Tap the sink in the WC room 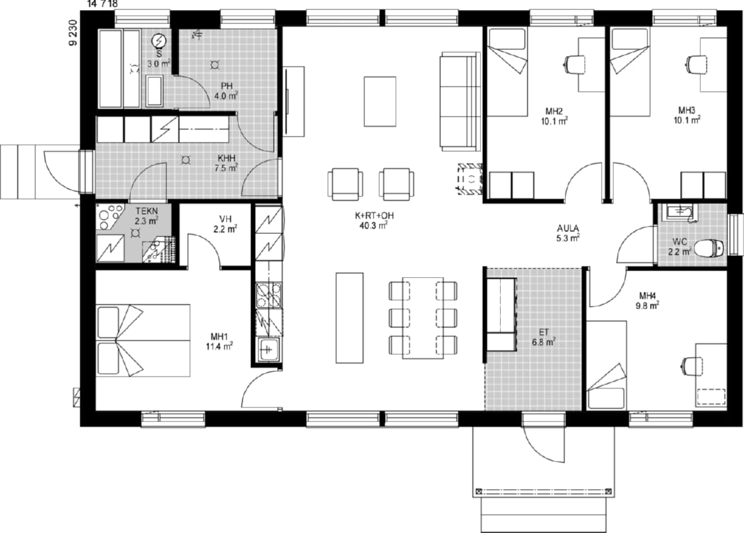[x=681, y=212]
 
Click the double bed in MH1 [x=143, y=340]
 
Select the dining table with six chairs [x=423, y=318]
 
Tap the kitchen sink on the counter [x=268, y=350]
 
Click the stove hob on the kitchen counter [x=268, y=295]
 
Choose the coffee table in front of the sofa [x=380, y=101]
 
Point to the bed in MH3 [x=629, y=71]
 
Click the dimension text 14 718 [x=103, y=4]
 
